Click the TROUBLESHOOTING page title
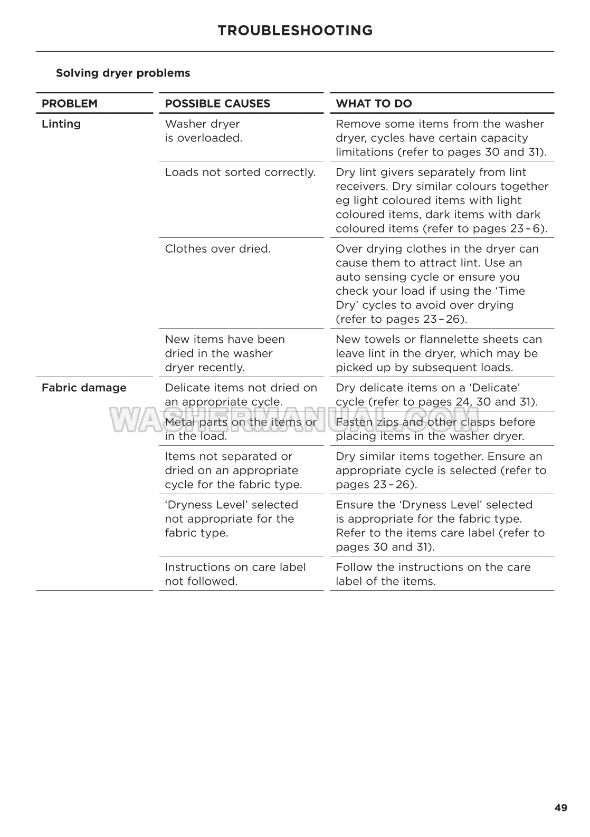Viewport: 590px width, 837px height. pos(295,31)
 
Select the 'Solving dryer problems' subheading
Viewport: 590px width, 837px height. pos(123,73)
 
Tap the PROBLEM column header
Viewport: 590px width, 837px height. pos(70,104)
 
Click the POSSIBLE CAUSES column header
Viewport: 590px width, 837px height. pos(217,104)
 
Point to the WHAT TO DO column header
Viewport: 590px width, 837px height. pos(374,104)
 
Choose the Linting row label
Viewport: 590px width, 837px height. pos(61,124)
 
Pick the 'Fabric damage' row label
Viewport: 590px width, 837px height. pos(84,388)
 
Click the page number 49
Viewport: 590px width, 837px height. pos(561,808)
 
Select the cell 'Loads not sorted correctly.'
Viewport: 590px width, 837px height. pos(240,172)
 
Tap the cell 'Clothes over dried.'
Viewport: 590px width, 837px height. pos(217,249)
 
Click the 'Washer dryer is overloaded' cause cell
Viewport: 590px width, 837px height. pos(203,131)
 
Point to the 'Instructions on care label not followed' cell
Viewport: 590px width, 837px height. pos(235,574)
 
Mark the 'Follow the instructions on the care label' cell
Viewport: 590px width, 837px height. pos(433,574)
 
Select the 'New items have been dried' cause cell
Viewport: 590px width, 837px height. pos(224,353)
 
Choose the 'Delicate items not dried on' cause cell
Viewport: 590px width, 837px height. pos(241,395)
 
